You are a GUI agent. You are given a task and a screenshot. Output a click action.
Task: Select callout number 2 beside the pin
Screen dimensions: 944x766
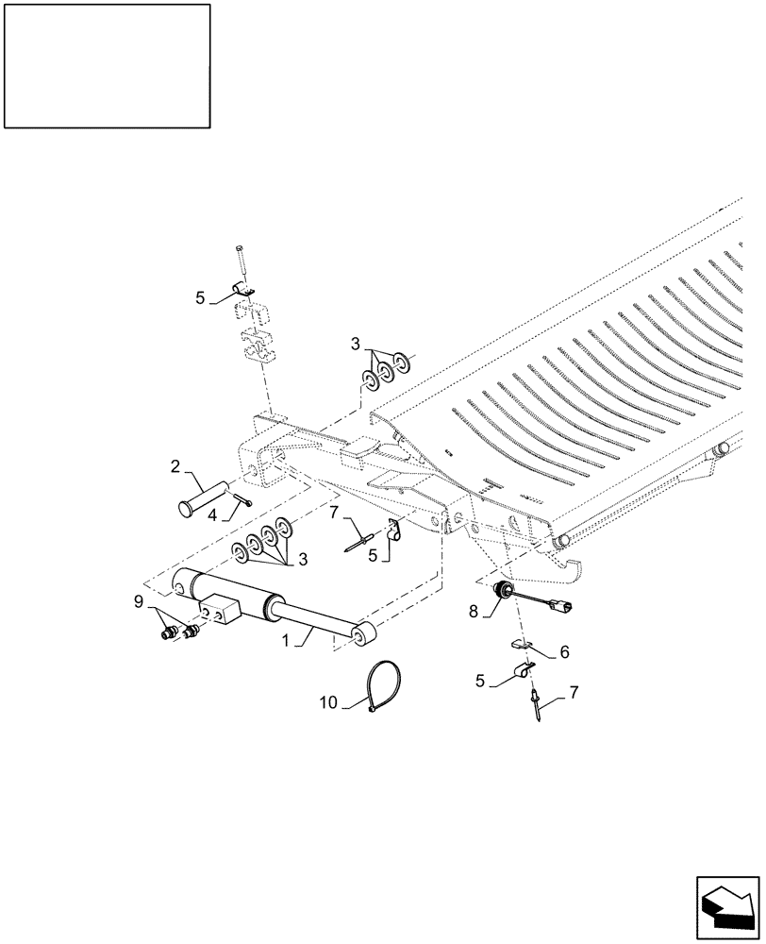click(175, 465)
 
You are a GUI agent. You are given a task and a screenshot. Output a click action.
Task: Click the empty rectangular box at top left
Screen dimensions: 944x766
click(107, 65)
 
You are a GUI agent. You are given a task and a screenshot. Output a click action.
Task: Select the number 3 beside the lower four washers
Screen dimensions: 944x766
click(304, 559)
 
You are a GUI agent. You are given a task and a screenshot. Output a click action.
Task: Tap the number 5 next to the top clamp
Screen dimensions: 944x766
click(200, 297)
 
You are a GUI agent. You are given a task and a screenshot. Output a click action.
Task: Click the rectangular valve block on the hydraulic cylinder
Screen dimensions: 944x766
click(218, 611)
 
